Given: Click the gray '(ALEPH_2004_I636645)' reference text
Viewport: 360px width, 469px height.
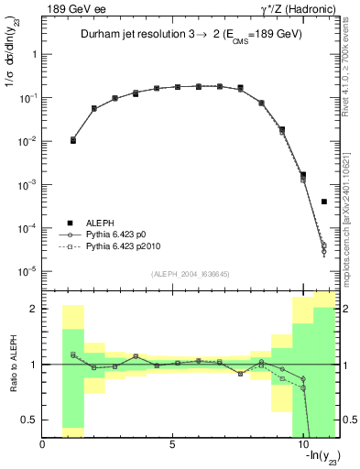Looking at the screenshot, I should (191, 273).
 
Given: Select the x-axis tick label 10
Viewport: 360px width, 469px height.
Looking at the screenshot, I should (303, 445).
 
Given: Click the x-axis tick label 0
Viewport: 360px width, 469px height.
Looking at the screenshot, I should (43, 445).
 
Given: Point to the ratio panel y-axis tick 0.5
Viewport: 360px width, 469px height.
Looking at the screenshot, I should (31, 420).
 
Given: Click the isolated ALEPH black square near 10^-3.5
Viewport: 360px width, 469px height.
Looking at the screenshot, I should (324, 202).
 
